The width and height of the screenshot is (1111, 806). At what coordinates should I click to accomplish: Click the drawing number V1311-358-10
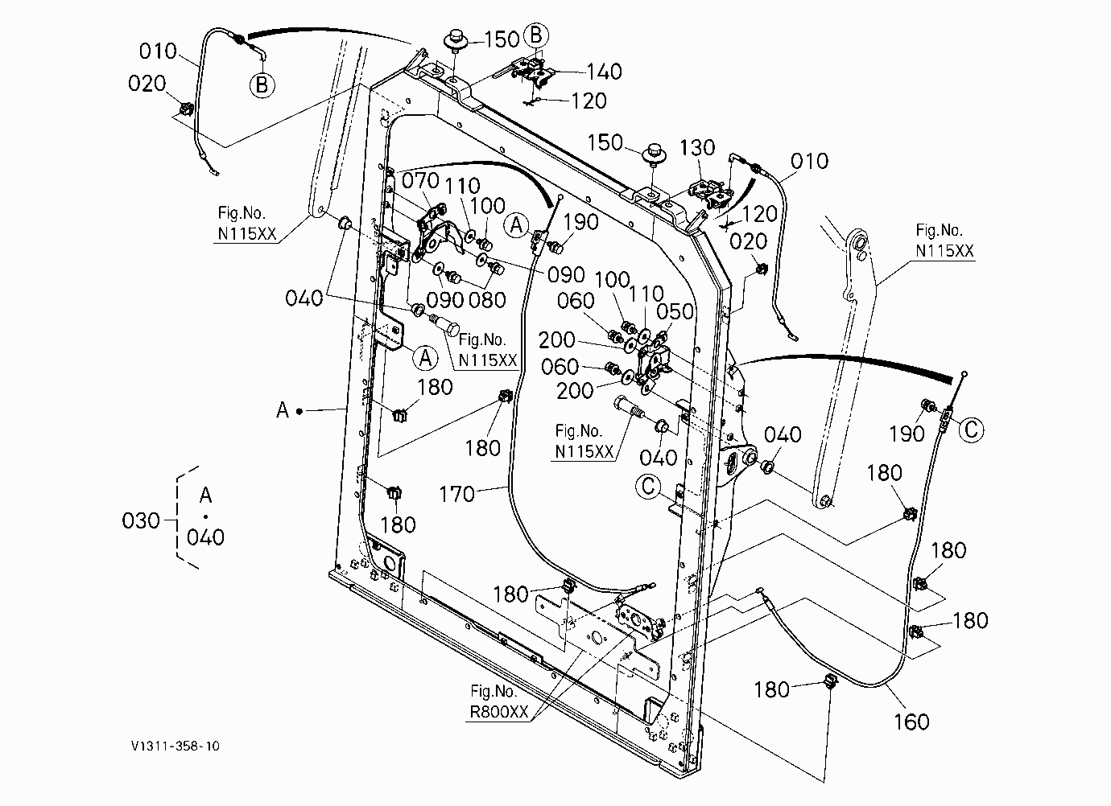click(x=175, y=746)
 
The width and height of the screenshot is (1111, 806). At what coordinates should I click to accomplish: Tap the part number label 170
click(x=456, y=494)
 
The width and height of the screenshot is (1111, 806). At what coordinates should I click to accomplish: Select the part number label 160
click(x=911, y=722)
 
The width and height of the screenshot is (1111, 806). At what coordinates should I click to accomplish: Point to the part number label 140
click(x=604, y=72)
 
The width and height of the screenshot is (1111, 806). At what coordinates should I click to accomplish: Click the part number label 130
click(x=697, y=148)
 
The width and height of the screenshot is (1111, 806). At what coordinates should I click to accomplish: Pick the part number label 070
click(x=420, y=180)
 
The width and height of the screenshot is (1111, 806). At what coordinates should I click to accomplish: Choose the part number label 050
click(x=675, y=312)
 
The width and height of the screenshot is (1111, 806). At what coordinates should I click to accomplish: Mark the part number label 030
click(x=141, y=521)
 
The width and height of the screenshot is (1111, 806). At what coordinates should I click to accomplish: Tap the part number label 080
click(x=487, y=300)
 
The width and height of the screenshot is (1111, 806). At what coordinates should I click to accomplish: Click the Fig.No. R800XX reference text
click(x=498, y=701)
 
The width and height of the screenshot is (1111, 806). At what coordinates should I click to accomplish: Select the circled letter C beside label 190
click(x=971, y=430)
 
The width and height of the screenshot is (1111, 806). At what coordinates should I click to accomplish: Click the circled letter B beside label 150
click(x=536, y=35)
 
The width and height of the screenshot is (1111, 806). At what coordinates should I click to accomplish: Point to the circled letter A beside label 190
click(x=516, y=225)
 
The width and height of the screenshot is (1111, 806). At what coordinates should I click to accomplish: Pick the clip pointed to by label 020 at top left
click(x=186, y=109)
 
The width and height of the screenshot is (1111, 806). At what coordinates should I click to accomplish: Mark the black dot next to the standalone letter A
click(x=299, y=411)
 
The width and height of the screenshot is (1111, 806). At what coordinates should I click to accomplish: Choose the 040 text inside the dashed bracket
click(x=205, y=537)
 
